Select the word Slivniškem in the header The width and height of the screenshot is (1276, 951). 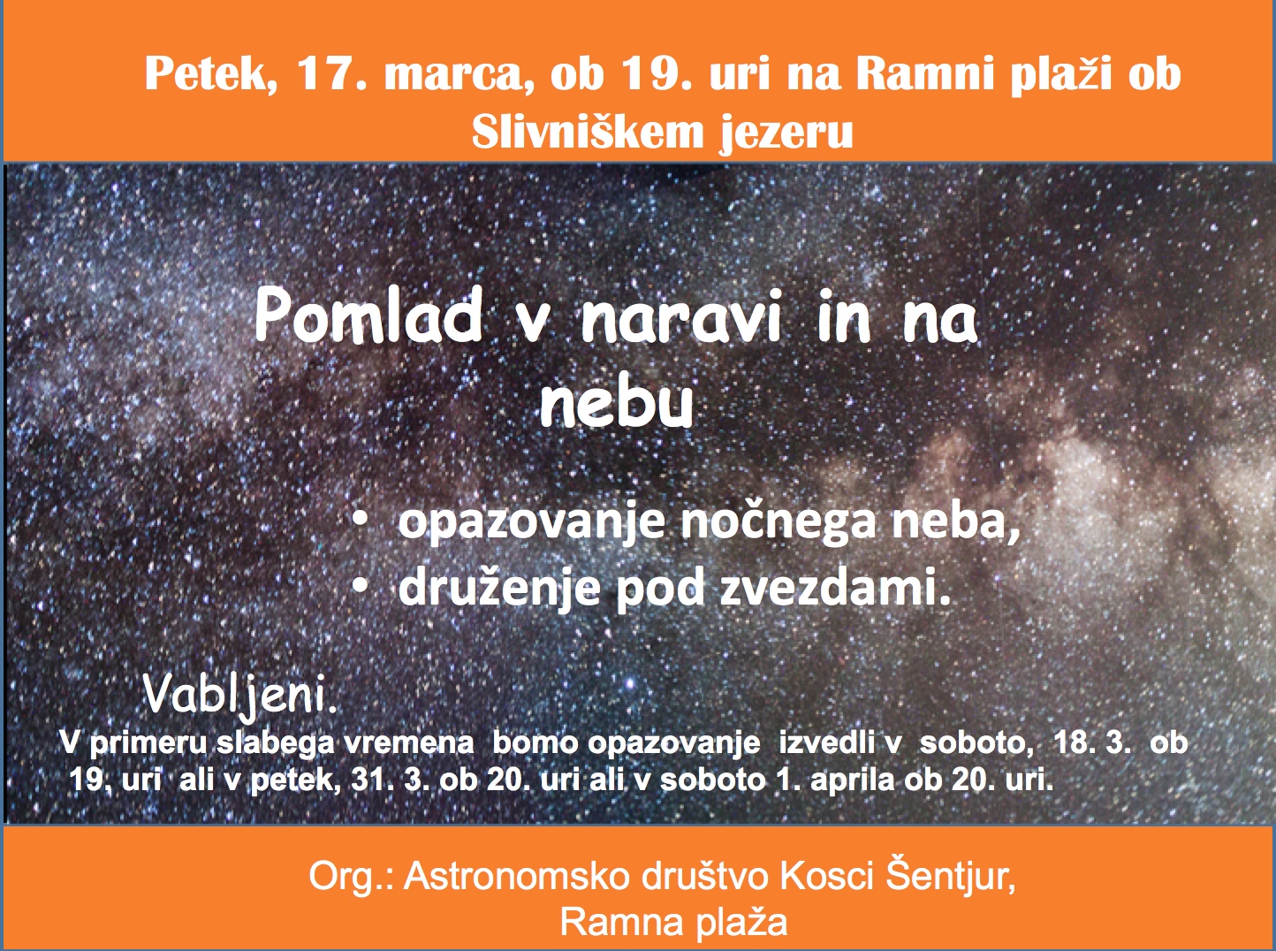[588, 133]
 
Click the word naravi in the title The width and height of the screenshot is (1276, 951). [681, 319]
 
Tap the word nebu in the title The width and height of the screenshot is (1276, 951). [617, 401]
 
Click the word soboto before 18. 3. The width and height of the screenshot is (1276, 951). [973, 742]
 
